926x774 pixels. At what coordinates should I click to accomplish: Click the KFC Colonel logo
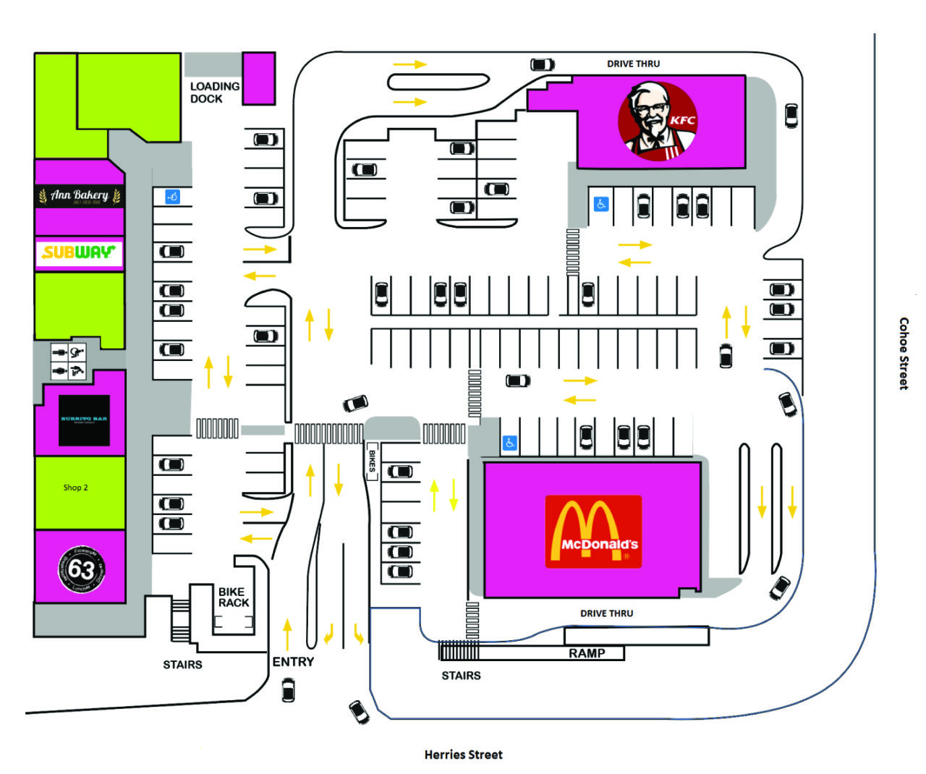pyautogui.click(x=658, y=121)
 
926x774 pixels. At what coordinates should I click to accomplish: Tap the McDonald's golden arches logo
pyautogui.click(x=593, y=532)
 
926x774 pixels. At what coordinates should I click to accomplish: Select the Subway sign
pyautogui.click(x=79, y=252)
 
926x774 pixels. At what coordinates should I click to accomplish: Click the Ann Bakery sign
pyautogui.click(x=80, y=196)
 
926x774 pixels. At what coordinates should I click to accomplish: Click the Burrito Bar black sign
pyautogui.click(x=84, y=420)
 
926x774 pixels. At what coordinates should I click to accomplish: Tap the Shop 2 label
pyautogui.click(x=75, y=488)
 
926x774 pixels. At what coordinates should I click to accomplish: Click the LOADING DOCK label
pyautogui.click(x=214, y=93)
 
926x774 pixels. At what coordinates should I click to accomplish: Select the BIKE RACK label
pyautogui.click(x=234, y=597)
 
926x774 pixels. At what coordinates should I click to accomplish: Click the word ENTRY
pyautogui.click(x=293, y=662)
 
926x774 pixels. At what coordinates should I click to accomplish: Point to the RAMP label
pyautogui.click(x=587, y=653)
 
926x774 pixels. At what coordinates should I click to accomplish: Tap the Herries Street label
pyautogui.click(x=463, y=754)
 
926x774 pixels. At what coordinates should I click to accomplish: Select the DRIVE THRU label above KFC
pyautogui.click(x=633, y=64)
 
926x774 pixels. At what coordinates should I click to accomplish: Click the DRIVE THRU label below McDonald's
pyautogui.click(x=606, y=613)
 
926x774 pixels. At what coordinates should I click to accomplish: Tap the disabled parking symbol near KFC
pyautogui.click(x=600, y=204)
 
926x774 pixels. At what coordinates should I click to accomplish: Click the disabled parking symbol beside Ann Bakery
pyautogui.click(x=172, y=196)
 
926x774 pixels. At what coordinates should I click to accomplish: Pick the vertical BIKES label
pyautogui.click(x=373, y=461)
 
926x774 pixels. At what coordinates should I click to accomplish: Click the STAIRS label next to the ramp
pyautogui.click(x=461, y=676)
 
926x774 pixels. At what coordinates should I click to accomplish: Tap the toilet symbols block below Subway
pyautogui.click(x=69, y=362)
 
